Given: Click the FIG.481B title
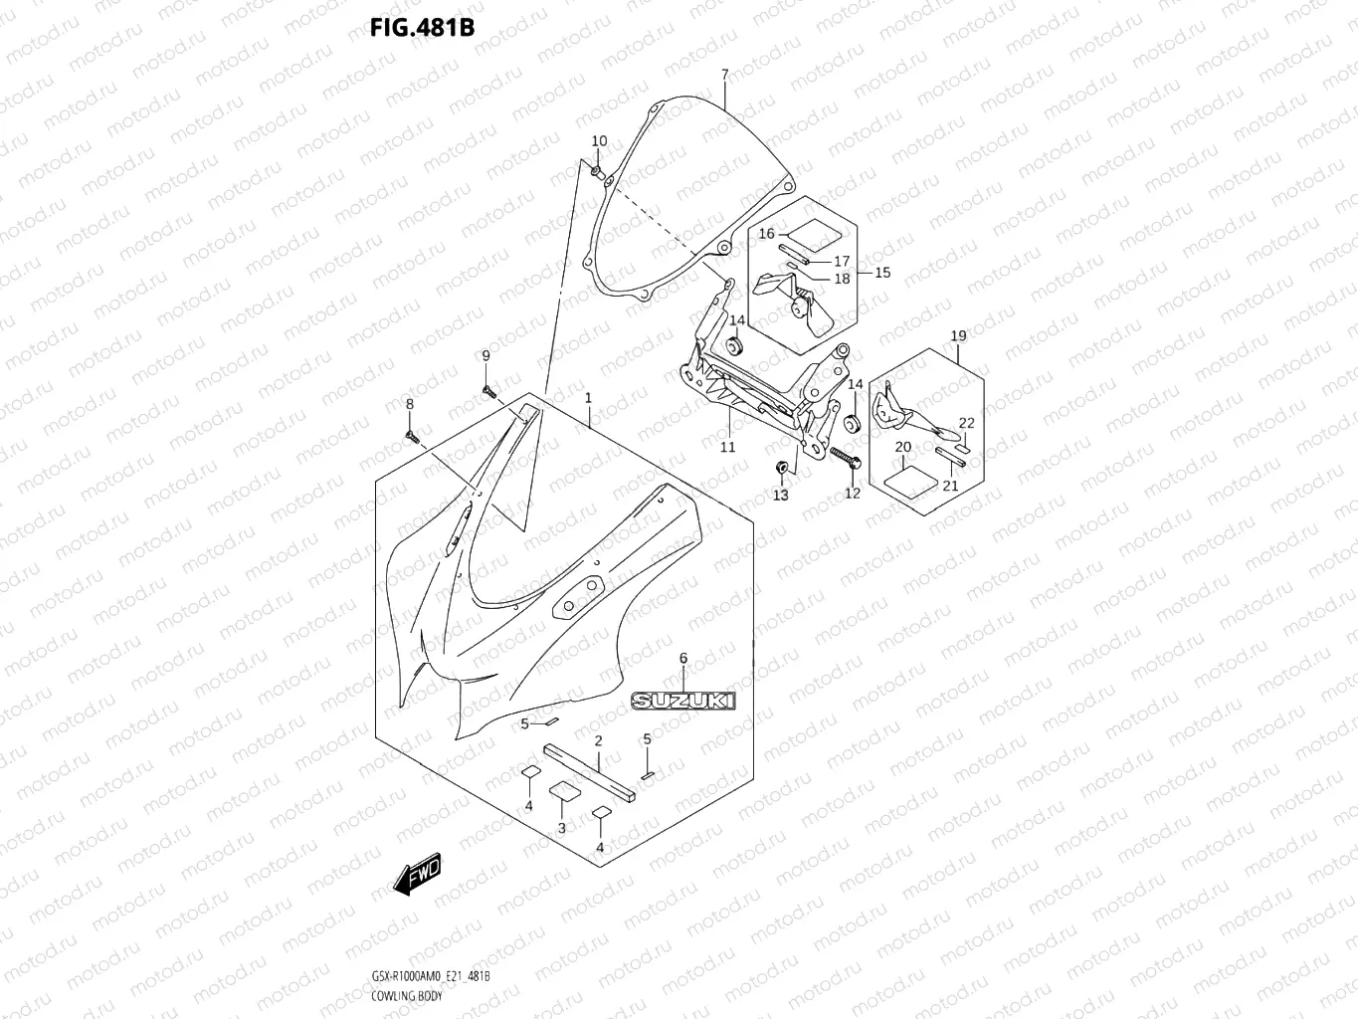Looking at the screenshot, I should (422, 27).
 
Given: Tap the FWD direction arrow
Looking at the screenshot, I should (416, 873).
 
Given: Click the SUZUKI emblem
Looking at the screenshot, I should (682, 701).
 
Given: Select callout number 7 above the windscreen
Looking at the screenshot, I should (724, 75).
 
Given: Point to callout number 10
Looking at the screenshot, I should (599, 141).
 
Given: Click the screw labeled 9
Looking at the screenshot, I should (488, 391).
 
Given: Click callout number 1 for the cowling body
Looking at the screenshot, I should (588, 398).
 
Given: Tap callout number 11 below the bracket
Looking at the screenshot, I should (727, 447).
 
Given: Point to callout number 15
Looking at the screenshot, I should (881, 273).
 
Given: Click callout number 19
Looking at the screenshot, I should (958, 336).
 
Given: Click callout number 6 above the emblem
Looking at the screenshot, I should (682, 659).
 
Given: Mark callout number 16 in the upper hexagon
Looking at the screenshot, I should (766, 234).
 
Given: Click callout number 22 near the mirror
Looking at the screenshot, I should (966, 423).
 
